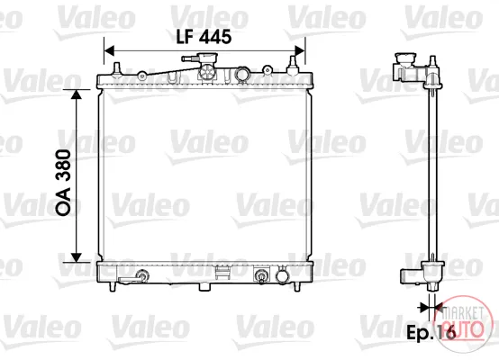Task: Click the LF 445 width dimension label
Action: (204, 36)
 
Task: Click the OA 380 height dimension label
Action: (63, 182)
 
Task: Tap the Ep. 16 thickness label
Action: (431, 333)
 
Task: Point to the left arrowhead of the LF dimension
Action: (109, 51)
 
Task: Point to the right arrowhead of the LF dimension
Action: (300, 51)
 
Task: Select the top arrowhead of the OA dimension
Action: (77, 94)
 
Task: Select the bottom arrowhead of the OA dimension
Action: (77, 257)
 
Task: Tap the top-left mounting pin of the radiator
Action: (117, 69)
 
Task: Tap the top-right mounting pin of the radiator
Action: (293, 66)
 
